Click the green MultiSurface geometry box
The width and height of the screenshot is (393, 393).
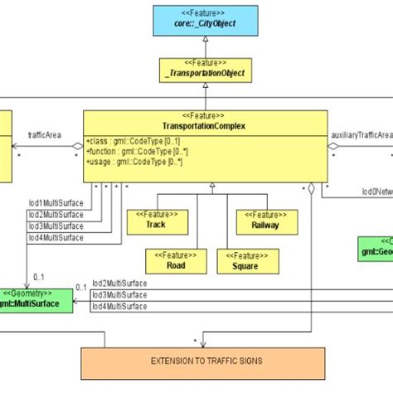[x=36, y=298]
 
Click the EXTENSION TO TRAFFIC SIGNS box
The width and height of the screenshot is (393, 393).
[x=197, y=362]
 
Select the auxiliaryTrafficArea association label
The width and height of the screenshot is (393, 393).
[x=361, y=133]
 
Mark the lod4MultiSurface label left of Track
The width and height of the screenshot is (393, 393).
[x=56, y=237]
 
